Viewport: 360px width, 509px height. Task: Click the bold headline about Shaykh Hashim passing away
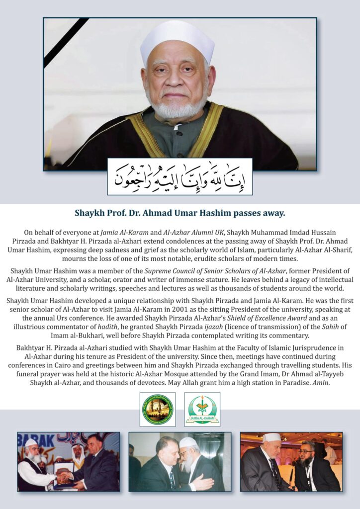pyautogui.click(x=180, y=214)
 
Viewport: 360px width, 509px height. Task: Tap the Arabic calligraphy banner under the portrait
pyautogui.click(x=180, y=176)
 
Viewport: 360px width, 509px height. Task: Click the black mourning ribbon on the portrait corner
pyautogui.click(x=65, y=42)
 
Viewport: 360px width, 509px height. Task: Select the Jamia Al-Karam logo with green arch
pyautogui.click(x=202, y=409)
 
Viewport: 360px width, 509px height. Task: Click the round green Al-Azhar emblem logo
pyautogui.click(x=157, y=409)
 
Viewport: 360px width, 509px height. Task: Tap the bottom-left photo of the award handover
pyautogui.click(x=69, y=461)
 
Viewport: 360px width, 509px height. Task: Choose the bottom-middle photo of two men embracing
pyautogui.click(x=180, y=461)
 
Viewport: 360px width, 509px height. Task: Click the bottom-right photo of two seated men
pyautogui.click(x=291, y=461)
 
